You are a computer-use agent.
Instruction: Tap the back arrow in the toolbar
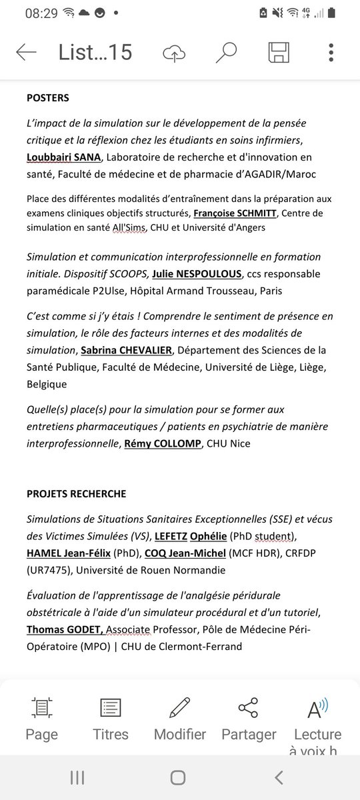pyautogui.click(x=26, y=52)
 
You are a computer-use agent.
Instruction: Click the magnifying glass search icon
pyautogui.click(x=226, y=52)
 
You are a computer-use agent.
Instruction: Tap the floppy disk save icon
pyautogui.click(x=278, y=52)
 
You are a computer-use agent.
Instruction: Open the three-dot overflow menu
pyautogui.click(x=331, y=52)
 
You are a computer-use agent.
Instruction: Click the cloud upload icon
pyautogui.click(x=174, y=53)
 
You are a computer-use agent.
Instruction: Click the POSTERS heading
pyautogui.click(x=47, y=98)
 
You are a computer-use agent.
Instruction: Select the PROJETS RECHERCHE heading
pyautogui.click(x=76, y=494)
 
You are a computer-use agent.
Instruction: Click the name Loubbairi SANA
pyautogui.click(x=64, y=157)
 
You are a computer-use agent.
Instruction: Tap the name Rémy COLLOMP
pyautogui.click(x=163, y=443)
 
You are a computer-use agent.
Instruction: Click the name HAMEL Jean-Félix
pyautogui.click(x=67, y=553)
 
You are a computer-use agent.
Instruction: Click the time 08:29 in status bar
pyautogui.click(x=41, y=13)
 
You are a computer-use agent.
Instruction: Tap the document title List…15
pyautogui.click(x=95, y=52)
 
